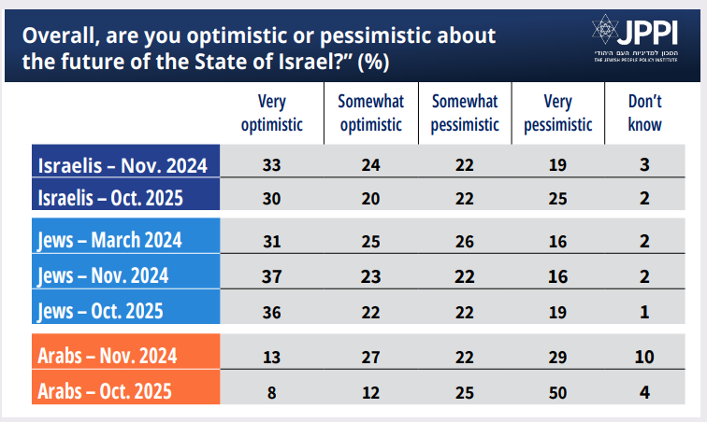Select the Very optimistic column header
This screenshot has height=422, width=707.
[x=272, y=113]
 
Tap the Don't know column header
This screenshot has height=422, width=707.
[x=644, y=113]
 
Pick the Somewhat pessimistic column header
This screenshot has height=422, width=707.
[x=465, y=113]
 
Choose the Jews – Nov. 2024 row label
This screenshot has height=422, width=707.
[x=104, y=275]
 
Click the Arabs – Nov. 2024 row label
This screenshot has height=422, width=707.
[x=108, y=355]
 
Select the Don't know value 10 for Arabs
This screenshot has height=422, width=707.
[x=645, y=355]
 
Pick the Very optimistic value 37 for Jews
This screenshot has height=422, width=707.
[x=272, y=275]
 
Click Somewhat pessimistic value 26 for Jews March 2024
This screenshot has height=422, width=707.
[x=465, y=240]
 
